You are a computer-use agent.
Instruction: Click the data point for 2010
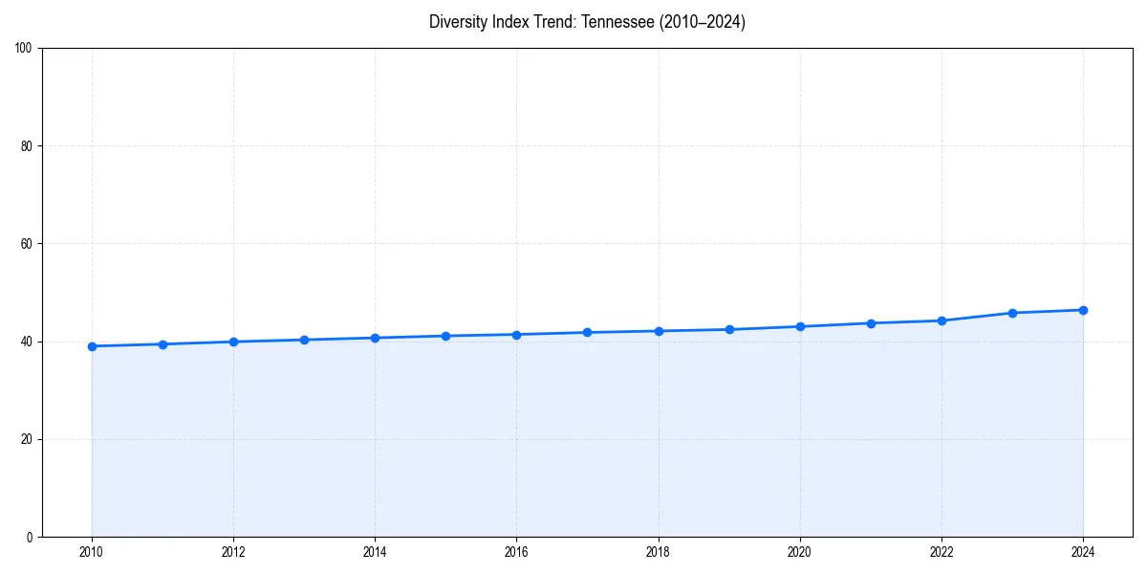point(92,346)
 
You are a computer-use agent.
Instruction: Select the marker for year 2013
point(304,340)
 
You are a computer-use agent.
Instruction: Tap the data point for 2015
point(445,336)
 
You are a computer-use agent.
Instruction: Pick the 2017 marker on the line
point(587,332)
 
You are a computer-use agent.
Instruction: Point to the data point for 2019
point(729,329)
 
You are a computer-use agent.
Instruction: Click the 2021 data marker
point(871,322)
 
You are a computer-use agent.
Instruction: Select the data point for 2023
point(1012,313)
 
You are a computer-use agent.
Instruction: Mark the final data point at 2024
point(1083,310)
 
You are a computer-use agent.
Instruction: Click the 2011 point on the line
point(162,344)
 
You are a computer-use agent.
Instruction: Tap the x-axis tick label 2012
point(233,552)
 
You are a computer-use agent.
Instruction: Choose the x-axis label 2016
point(516,552)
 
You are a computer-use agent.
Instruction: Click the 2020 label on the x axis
point(800,552)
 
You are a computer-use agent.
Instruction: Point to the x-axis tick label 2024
point(1083,552)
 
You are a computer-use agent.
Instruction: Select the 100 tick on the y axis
point(23,49)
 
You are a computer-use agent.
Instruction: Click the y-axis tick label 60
point(27,244)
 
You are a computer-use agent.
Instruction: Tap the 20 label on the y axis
point(27,439)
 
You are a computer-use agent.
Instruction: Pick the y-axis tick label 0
point(30,537)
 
